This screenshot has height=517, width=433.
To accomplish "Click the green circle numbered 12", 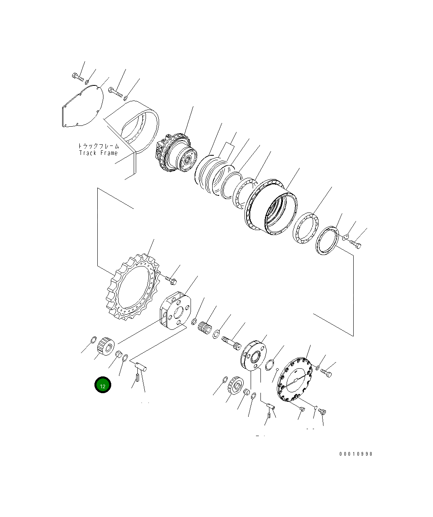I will [x=103, y=385].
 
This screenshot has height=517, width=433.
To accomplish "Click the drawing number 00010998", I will [x=355, y=454].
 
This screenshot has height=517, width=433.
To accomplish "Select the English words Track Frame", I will [x=98, y=153].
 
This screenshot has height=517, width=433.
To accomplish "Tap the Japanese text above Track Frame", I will [x=98, y=145].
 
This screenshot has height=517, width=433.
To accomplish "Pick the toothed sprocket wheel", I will [x=132, y=287].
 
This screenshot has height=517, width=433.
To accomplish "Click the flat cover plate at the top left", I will [x=82, y=107].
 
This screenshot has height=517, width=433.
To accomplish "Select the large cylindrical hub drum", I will [x=272, y=206].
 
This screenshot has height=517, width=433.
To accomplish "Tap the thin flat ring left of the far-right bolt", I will [x=328, y=242].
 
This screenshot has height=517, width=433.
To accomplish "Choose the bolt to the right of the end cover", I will [x=326, y=373].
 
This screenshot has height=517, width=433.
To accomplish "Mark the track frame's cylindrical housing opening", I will [x=139, y=125].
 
